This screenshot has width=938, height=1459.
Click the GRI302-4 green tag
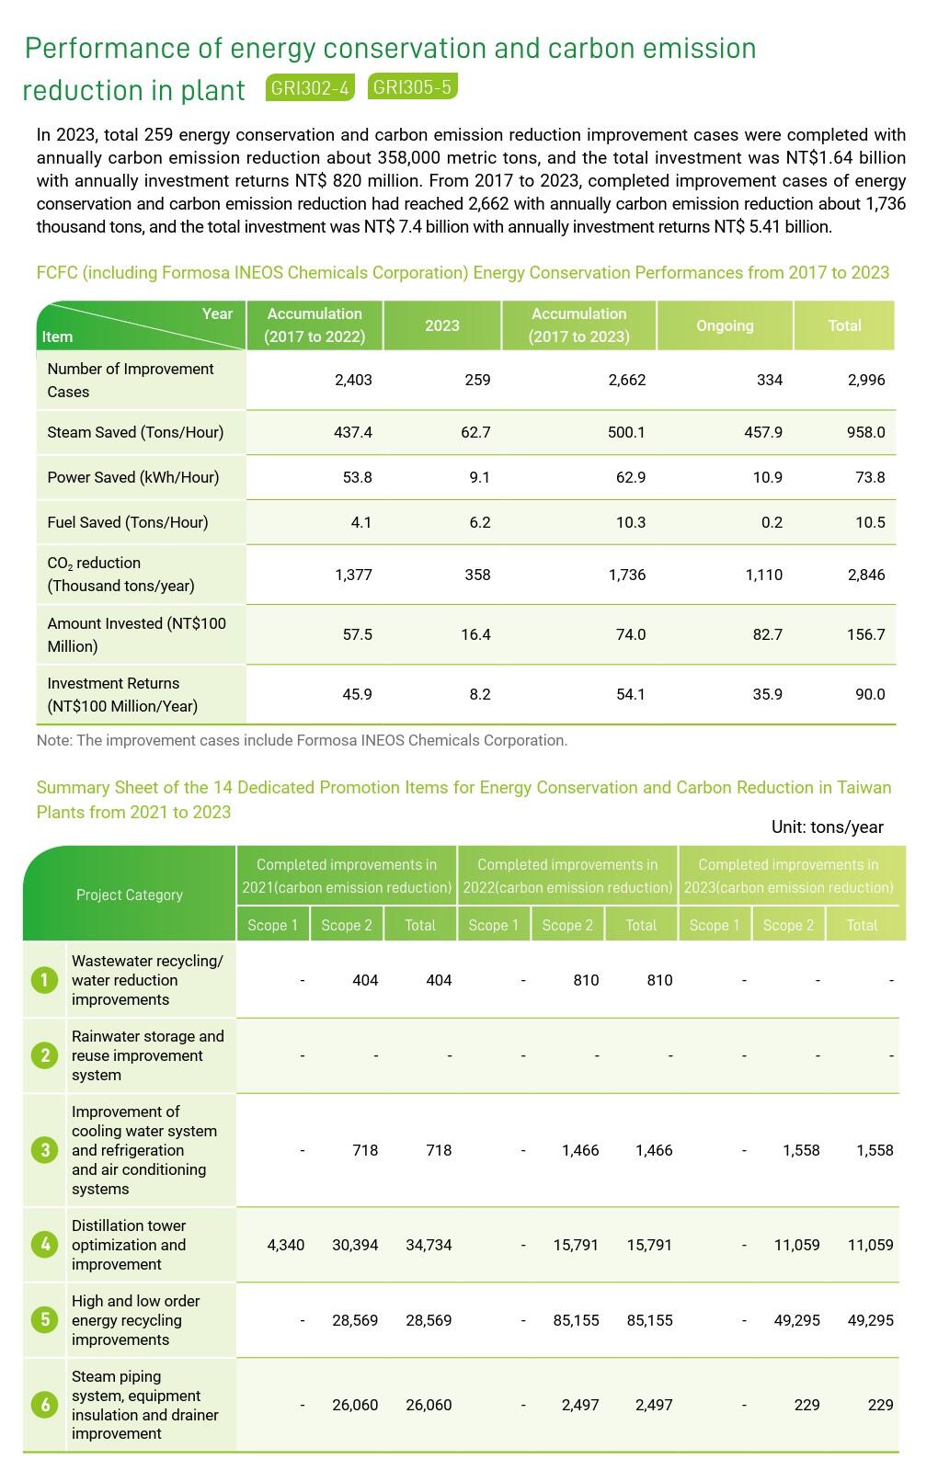pyautogui.click(x=311, y=87)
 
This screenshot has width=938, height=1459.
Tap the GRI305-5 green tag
pyautogui.click(x=412, y=86)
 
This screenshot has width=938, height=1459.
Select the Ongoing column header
pyautogui.click(x=725, y=325)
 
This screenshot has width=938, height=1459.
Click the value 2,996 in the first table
pyautogui.click(x=865, y=380)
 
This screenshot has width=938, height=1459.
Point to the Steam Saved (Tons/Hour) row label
pyautogui.click(x=135, y=432)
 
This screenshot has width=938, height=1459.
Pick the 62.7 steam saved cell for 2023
pyautogui.click(x=475, y=432)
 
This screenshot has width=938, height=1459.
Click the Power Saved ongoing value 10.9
pyautogui.click(x=767, y=477)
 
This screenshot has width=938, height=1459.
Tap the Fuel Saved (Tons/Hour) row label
pyautogui.click(x=128, y=522)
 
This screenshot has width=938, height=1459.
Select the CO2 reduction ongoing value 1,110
pyautogui.click(x=763, y=575)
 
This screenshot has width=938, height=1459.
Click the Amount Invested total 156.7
pyautogui.click(x=865, y=634)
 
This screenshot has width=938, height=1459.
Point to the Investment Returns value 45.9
pyautogui.click(x=357, y=694)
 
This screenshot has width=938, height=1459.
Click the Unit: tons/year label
pyautogui.click(x=827, y=826)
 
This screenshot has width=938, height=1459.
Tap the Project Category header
pyautogui.click(x=130, y=895)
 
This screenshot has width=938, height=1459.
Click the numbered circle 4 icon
pyautogui.click(x=44, y=1245)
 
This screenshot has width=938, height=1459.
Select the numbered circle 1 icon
pyautogui.click(x=44, y=980)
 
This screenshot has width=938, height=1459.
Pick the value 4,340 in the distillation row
pyautogui.click(x=285, y=1245)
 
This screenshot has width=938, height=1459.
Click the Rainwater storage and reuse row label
pyautogui.click(x=148, y=1055)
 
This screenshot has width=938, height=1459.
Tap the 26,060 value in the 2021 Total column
pyautogui.click(x=429, y=1405)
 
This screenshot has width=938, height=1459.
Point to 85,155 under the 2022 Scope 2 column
pyautogui.click(x=576, y=1320)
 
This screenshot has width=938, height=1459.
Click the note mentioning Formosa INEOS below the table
pyautogui.click(x=302, y=740)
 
